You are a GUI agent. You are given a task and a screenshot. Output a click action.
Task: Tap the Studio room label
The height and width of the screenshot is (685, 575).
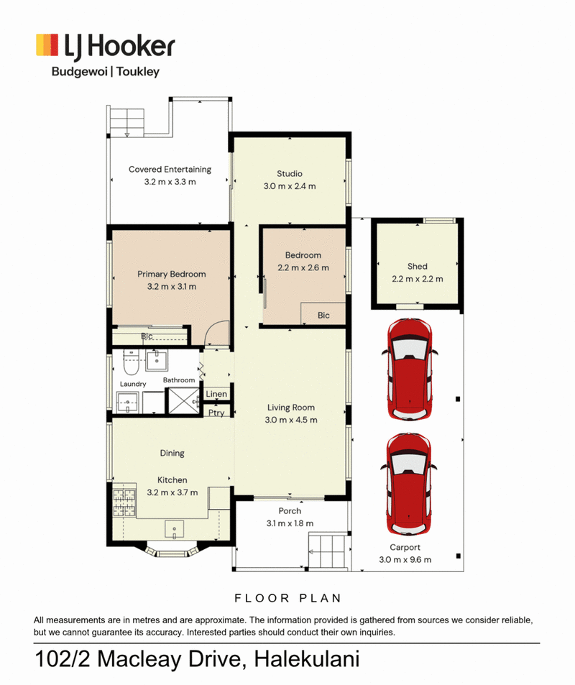pos(289,173)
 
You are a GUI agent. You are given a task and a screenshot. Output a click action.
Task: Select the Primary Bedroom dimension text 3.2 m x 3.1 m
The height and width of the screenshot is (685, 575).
pos(172,287)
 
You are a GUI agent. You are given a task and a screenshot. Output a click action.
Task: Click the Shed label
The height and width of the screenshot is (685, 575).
pos(418,266)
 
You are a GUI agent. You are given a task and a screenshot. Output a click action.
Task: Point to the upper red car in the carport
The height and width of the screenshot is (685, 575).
pos(410,369)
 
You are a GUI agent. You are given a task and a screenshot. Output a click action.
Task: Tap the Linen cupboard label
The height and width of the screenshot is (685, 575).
pos(216,394)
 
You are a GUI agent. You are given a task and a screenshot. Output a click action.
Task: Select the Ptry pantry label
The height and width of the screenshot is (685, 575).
pos(216,413)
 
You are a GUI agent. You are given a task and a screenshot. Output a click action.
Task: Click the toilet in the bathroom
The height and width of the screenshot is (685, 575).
pos(131,362)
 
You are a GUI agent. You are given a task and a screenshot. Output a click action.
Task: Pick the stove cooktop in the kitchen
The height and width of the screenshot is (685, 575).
pos(124,502)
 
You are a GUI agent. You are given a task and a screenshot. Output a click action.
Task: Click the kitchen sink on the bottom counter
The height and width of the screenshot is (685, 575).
pos(175,529)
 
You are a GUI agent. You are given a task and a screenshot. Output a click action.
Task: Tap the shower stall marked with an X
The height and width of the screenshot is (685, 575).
pos(183,400)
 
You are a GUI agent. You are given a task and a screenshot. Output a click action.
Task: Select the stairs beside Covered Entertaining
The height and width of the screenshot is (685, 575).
pos(126,122)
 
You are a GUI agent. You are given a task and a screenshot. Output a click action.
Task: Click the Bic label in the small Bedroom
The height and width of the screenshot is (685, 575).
pos(323,316)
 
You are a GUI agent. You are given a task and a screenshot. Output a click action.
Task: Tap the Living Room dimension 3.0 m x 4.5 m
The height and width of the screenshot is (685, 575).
pos(291,420)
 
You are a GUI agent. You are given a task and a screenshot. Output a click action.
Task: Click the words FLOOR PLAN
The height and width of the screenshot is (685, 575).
pos(288,598)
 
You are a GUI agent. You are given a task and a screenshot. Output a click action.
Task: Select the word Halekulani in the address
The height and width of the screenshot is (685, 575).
pos(307,659)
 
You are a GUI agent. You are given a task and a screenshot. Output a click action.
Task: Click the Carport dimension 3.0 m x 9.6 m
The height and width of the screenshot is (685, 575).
pos(405,560)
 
